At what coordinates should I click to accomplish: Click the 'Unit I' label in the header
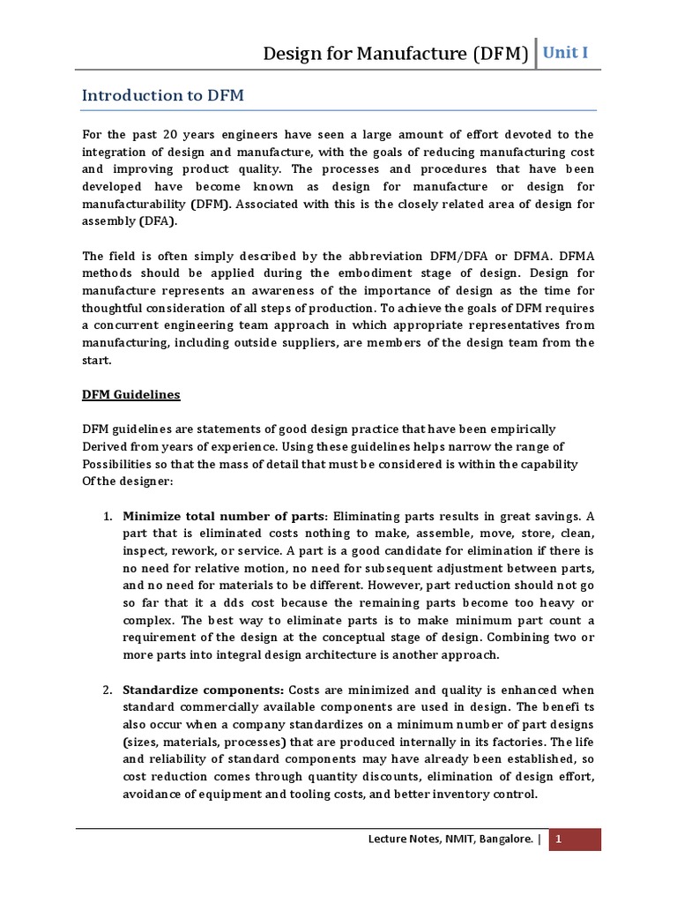[x=565, y=53]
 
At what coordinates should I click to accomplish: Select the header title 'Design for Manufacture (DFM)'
[x=396, y=55]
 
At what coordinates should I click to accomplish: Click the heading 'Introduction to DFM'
[x=163, y=95]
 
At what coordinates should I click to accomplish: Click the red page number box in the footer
[x=574, y=840]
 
